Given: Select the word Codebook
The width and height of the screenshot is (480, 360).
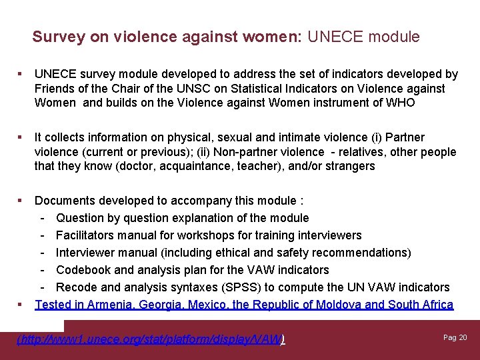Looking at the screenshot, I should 83,270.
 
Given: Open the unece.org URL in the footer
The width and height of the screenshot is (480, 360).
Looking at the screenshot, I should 150,339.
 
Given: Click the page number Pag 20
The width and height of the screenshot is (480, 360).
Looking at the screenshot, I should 455,337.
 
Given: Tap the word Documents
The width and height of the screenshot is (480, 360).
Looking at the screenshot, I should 65,201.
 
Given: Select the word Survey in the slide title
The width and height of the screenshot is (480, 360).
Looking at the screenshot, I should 56,37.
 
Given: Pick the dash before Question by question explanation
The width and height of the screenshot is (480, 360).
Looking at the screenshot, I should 43,218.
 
